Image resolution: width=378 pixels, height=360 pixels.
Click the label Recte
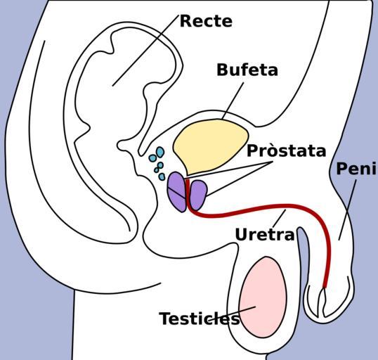tap(206, 21)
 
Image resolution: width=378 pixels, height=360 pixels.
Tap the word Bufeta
tap(247, 70)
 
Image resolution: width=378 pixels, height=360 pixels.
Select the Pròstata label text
tap(287, 150)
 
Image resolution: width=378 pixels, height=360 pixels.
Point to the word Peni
tap(356, 169)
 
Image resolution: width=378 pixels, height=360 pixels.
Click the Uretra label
tap(265, 235)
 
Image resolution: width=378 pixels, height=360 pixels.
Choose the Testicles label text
tap(200, 319)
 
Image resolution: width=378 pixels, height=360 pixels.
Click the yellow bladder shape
tap(210, 146)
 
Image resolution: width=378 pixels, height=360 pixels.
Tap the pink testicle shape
tap(263, 297)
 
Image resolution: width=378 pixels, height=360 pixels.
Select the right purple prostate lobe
tap(198, 195)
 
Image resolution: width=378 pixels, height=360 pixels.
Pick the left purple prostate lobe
tap(177, 191)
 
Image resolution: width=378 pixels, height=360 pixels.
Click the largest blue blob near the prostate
tap(160, 152)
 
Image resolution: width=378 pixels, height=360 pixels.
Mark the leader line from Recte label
tap(145, 51)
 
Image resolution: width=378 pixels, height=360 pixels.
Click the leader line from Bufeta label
tap(233, 101)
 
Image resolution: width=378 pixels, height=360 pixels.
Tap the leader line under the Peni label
tap(347, 210)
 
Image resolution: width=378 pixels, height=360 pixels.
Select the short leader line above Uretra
tap(279, 217)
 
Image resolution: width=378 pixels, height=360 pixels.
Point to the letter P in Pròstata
tap(252, 151)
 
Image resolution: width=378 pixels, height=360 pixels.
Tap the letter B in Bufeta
tap(222, 70)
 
